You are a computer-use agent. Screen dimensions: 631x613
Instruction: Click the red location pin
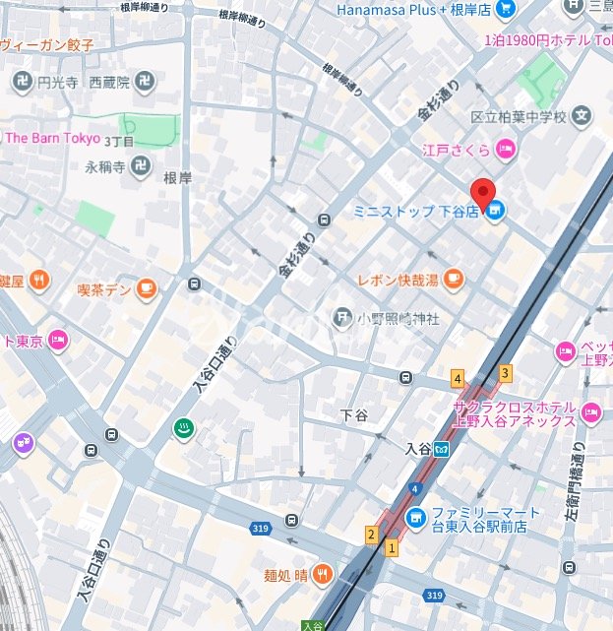482,192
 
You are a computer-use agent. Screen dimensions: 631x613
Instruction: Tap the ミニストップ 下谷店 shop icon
495,210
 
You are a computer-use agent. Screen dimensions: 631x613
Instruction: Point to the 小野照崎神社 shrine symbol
341,317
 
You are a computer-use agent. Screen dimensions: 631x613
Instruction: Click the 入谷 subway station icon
443,448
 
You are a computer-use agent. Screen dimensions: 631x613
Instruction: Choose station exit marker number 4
457,378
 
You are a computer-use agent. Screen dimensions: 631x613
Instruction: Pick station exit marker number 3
505,372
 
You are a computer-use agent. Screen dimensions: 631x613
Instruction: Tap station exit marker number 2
371,535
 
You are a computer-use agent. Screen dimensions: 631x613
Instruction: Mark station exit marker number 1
391,547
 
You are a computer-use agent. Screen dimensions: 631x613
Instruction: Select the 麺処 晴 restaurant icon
322,575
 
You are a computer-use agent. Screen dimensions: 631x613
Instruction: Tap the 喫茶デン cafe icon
147,288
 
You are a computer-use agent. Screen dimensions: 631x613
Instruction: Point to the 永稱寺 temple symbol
141,166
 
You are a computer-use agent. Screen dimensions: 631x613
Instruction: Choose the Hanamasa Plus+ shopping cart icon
506,10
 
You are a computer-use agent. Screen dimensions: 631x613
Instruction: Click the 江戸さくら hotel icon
505,150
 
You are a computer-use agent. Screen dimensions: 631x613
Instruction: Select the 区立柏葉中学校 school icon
583,117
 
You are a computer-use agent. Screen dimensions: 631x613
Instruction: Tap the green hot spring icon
183,428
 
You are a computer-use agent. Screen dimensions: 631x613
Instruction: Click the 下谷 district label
353,415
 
